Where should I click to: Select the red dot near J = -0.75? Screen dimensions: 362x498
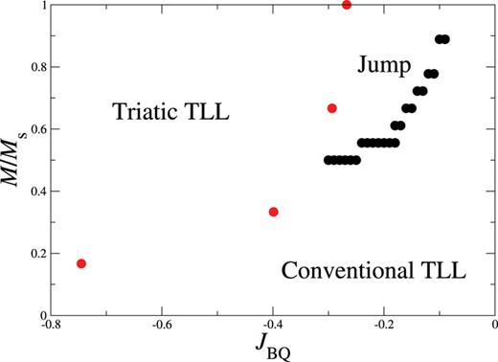(81, 263)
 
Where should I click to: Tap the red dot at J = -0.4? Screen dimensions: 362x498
(273, 212)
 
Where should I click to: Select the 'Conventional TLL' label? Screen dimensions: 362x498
(373, 271)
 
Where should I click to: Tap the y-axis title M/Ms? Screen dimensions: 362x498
(13, 160)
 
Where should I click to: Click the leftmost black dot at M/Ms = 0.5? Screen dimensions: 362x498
(328, 160)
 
